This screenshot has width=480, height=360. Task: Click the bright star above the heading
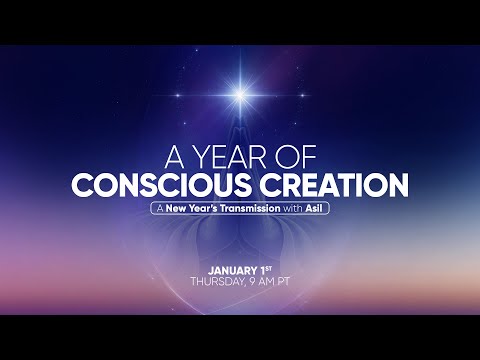240,95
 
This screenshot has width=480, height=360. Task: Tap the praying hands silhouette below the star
240,125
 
